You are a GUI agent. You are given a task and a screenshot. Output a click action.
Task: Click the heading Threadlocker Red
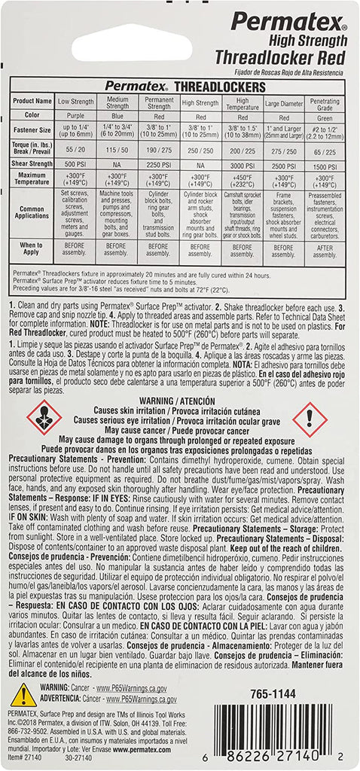(x=281, y=57)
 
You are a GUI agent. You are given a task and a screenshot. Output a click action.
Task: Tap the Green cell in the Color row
(x=325, y=117)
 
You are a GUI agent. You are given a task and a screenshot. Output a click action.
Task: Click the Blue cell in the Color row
(x=117, y=117)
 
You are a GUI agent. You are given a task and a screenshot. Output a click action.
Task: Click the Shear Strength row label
(x=32, y=164)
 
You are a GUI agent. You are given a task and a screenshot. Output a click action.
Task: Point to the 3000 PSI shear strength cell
(x=242, y=164)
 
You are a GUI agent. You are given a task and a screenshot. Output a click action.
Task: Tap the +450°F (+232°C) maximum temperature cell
(x=242, y=178)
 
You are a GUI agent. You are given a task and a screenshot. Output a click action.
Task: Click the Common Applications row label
(x=32, y=213)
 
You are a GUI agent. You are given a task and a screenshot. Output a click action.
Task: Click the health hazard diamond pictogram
(x=44, y=419)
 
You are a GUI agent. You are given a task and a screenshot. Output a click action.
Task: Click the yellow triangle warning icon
(x=23, y=695)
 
